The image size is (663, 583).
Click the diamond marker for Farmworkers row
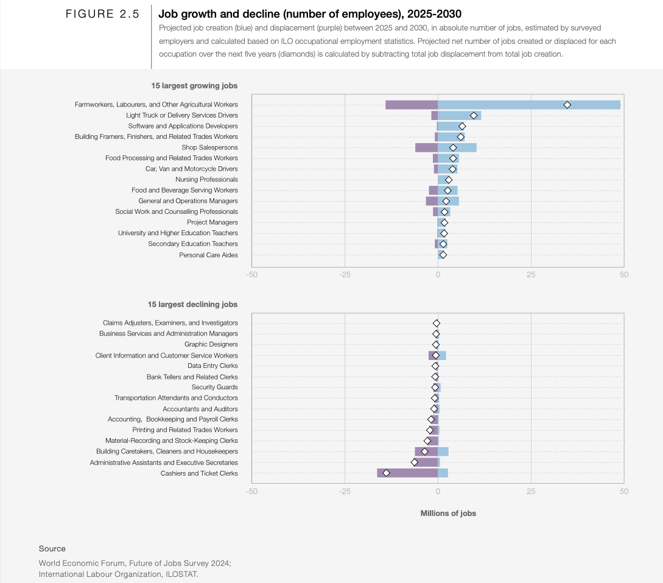pos(567,105)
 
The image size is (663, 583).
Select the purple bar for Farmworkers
pos(412,105)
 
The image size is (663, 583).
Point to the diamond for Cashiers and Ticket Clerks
pos(386,473)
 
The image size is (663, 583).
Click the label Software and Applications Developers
pos(183,126)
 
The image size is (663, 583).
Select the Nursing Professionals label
pos(206,180)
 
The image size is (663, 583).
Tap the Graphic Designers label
pos(211,344)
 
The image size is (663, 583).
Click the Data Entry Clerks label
pos(212,366)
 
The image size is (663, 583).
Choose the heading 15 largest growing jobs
pos(194,86)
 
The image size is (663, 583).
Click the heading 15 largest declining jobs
pos(192,304)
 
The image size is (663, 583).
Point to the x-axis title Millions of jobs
pos(448,514)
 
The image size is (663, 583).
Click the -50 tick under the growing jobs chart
pos(251,275)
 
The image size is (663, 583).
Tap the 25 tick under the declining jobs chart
pos(531,491)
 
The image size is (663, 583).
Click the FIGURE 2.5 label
pos(102,14)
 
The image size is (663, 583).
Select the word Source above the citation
pos(52,549)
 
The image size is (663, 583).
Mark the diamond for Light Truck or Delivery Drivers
pos(474,115)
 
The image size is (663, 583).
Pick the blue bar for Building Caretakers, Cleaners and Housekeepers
pos(443,451)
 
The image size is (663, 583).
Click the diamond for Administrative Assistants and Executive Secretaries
pos(415,462)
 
